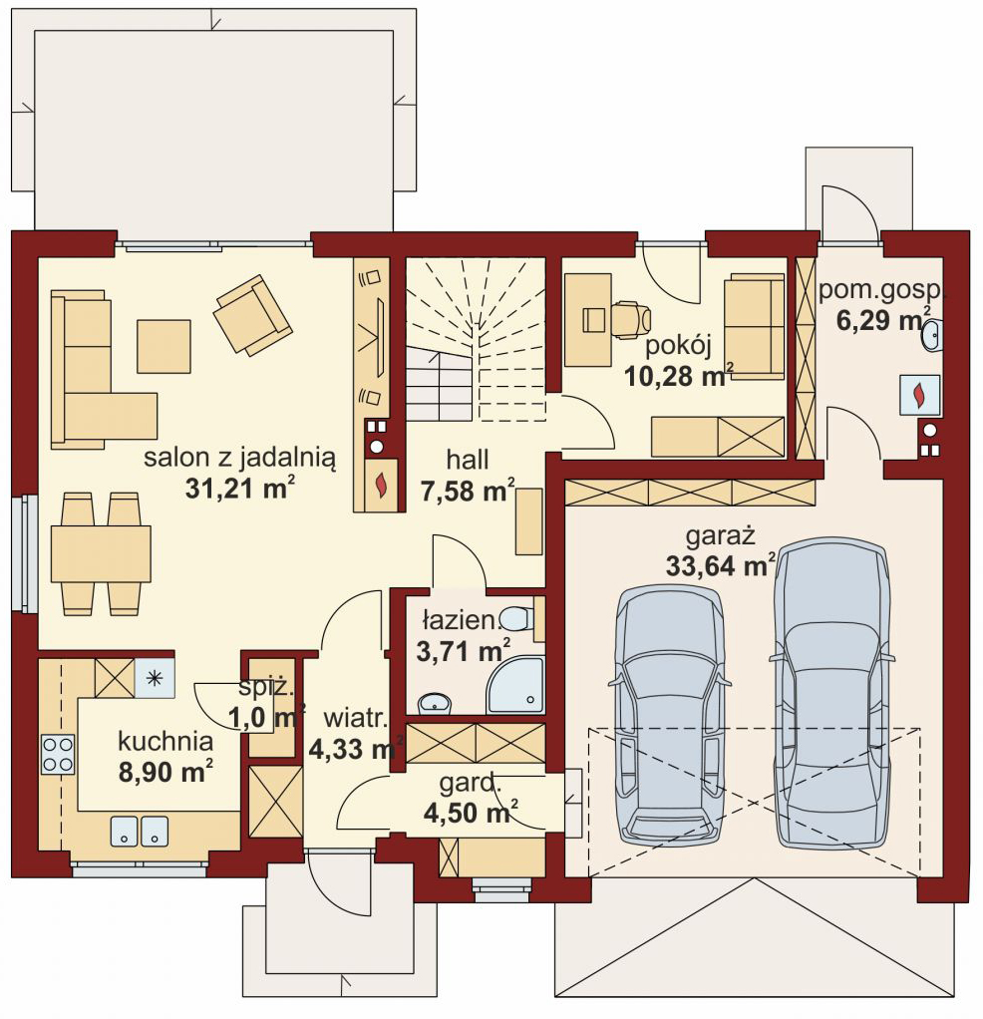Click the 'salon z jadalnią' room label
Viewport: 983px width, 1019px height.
[x=239, y=458]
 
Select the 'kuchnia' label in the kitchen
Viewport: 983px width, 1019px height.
[x=165, y=741]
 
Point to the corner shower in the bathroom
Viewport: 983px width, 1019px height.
[x=515, y=686]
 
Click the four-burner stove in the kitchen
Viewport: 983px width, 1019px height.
[x=58, y=755]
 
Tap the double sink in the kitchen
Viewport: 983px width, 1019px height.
[x=140, y=832]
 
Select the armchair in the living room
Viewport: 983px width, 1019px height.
[x=252, y=314]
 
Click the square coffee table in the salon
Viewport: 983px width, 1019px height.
[x=164, y=346]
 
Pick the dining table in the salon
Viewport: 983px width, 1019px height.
[x=101, y=553]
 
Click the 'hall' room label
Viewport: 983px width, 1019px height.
[x=468, y=460]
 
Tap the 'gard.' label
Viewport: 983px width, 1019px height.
[x=471, y=784]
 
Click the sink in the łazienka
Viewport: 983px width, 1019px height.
[x=435, y=703]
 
